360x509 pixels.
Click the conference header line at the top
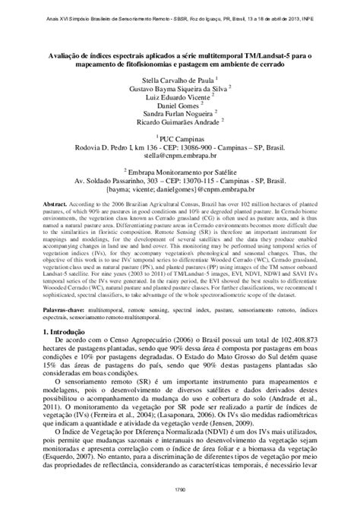pos(180,7)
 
